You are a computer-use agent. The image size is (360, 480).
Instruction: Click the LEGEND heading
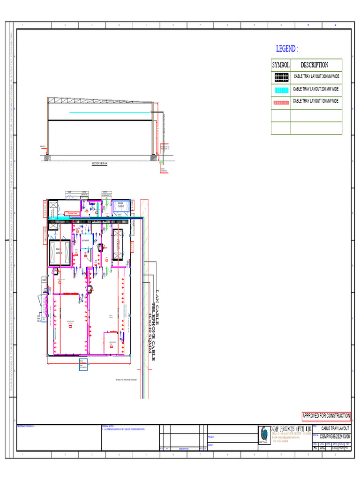coord(287,49)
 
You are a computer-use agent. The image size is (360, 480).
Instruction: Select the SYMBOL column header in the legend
coord(280,65)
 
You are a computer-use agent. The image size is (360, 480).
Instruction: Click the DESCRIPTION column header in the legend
coord(314,65)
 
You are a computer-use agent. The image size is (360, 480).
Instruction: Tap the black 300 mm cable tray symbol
coord(281,77)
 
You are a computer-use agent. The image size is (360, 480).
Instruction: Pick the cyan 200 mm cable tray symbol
coord(281,90)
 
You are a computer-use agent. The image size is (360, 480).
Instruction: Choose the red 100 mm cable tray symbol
coord(281,102)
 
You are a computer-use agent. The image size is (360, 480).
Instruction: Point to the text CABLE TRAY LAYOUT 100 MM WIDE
coord(316,101)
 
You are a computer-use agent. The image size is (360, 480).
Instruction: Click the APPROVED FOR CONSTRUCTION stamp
coord(326,416)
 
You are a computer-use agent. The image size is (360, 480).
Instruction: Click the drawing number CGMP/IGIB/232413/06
coord(335,436)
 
